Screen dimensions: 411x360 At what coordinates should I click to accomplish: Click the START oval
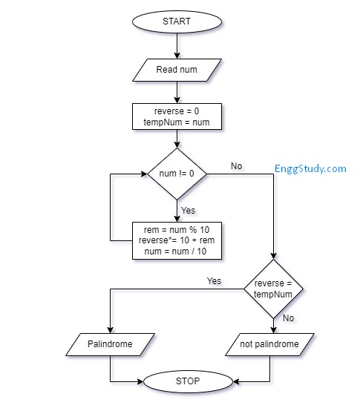point(177,22)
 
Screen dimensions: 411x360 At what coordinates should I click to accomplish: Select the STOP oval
point(188,382)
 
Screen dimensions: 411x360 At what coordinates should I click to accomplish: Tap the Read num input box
point(177,70)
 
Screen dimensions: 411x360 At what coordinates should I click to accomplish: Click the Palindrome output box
point(110,344)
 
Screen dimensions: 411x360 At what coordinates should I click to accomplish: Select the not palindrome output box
point(269,344)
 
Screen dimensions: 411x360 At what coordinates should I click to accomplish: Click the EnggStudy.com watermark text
point(310,168)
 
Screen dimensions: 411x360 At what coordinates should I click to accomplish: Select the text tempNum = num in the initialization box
point(177,122)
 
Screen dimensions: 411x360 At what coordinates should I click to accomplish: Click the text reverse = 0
point(177,111)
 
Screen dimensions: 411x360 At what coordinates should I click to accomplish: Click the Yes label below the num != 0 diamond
point(189,211)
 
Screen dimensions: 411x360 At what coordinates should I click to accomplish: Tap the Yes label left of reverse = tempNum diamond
point(214,281)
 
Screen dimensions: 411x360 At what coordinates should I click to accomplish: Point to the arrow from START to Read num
point(177,46)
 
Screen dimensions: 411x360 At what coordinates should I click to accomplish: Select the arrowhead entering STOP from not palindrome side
point(237,382)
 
